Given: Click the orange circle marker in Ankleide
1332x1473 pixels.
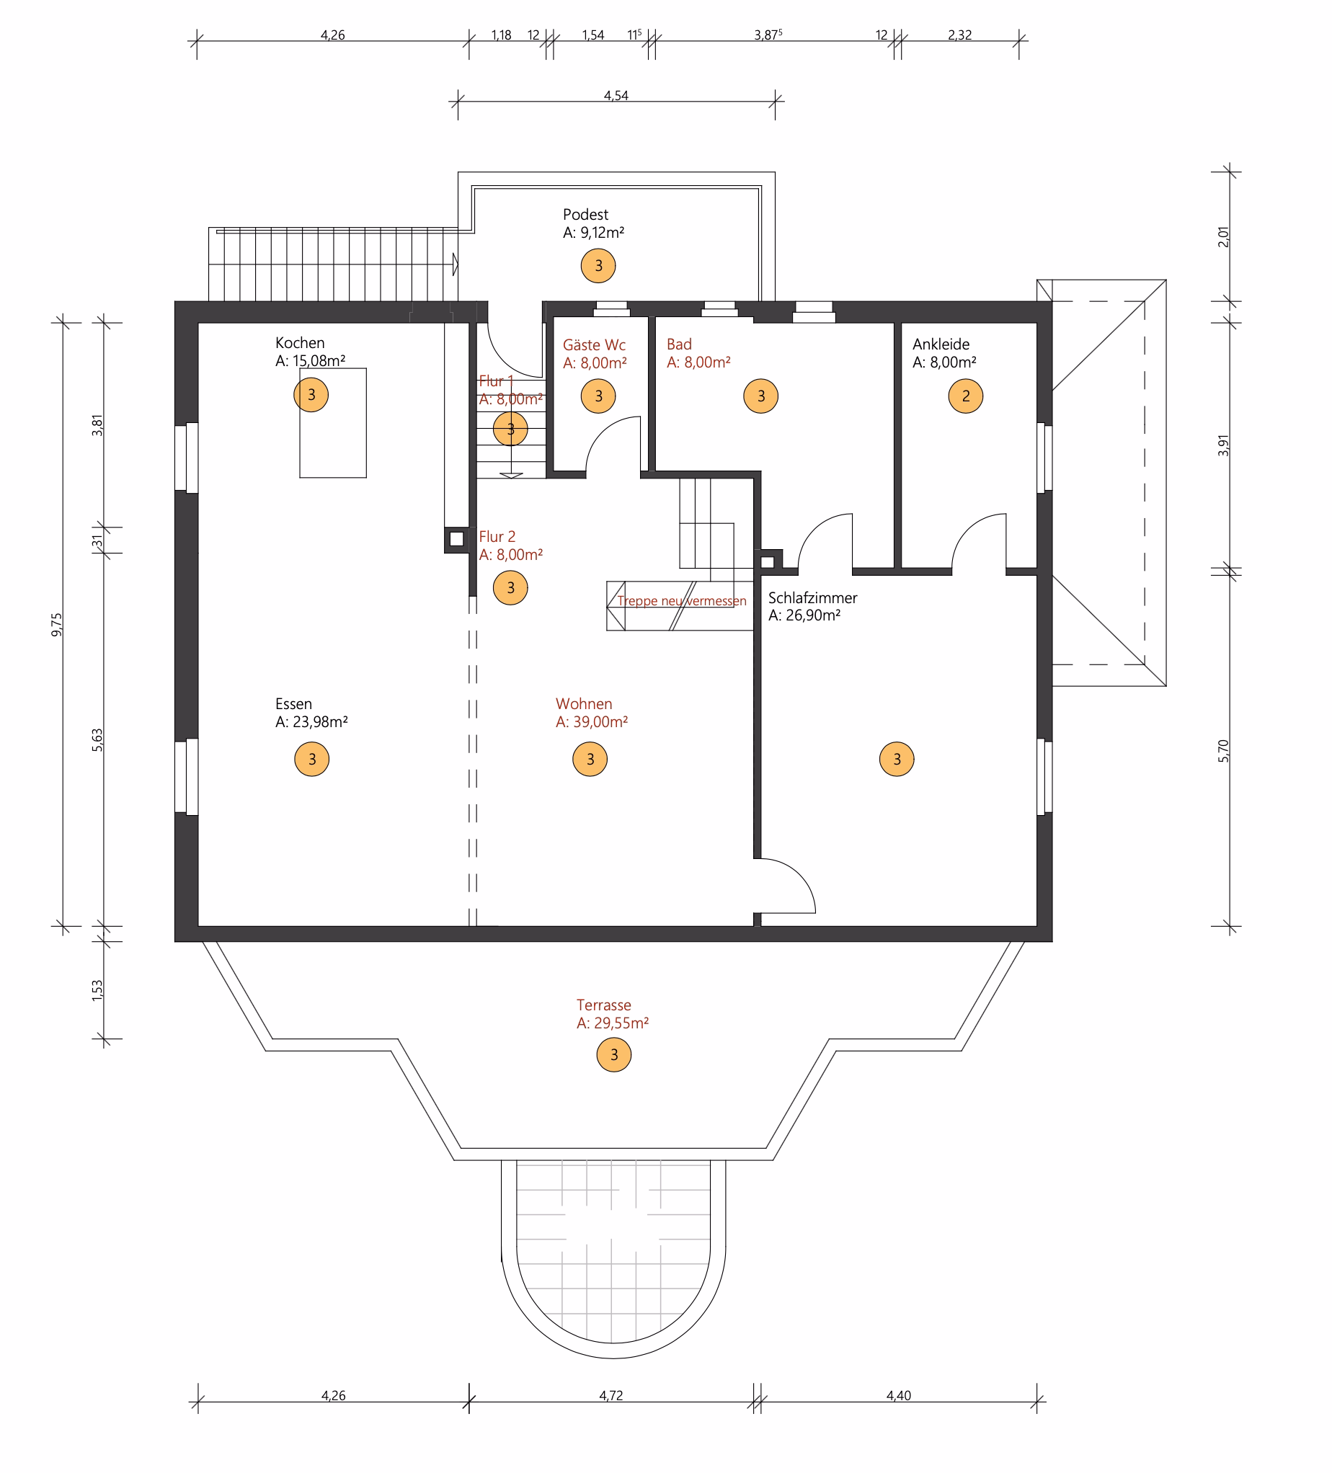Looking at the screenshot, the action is pos(965,396).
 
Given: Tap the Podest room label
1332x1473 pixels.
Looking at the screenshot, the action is pos(585,215).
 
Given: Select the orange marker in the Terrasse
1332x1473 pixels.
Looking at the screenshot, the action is pos(614,1054).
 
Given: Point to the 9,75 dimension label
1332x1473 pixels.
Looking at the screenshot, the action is pos(57,625).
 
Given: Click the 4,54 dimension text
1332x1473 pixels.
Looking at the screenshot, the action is pos(616,96).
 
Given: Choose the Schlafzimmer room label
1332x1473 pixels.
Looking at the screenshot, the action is pos(812,597).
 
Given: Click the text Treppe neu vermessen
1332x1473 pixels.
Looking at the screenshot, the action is pos(682,600).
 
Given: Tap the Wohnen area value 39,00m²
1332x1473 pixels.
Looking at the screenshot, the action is pos(600,722).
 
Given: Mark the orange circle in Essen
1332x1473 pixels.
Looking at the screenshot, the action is pos(312,759).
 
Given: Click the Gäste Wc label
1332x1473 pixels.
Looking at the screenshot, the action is pos(594,345).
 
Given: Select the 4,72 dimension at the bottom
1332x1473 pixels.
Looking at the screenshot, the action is pos(610,1396).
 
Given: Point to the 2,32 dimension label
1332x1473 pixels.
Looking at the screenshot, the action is pos(959,35).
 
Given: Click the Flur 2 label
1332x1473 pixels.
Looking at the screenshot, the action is pos(497,536).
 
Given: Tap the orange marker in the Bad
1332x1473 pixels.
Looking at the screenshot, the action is pos(760,396).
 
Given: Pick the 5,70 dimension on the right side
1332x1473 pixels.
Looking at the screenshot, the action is pos(1224,750).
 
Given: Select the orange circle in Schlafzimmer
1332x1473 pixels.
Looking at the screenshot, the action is pos(897,759).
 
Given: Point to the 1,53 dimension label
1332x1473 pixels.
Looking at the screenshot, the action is pos(97,991).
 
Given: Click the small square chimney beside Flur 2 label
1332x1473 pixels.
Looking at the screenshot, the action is pos(457,539).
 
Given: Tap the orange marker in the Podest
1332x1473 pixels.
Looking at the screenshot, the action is pos(598,265).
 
